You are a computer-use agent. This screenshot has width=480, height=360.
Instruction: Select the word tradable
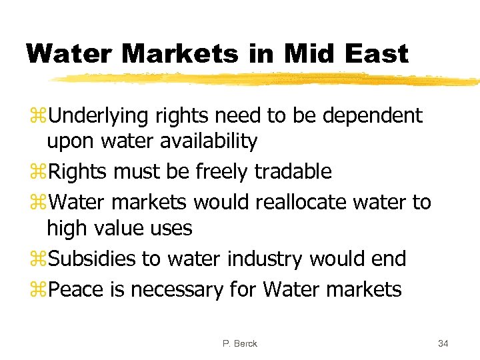click(297, 171)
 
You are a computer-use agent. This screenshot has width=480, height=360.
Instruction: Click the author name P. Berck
click(240, 343)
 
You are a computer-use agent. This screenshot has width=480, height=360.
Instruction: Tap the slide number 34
click(443, 343)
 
